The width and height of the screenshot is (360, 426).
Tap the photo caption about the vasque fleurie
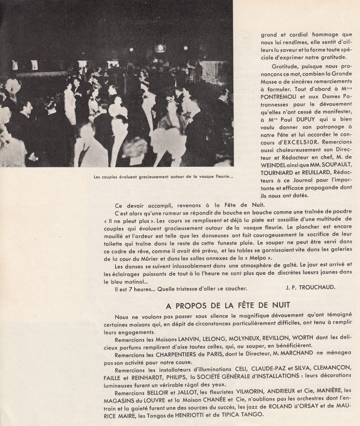(164, 176)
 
